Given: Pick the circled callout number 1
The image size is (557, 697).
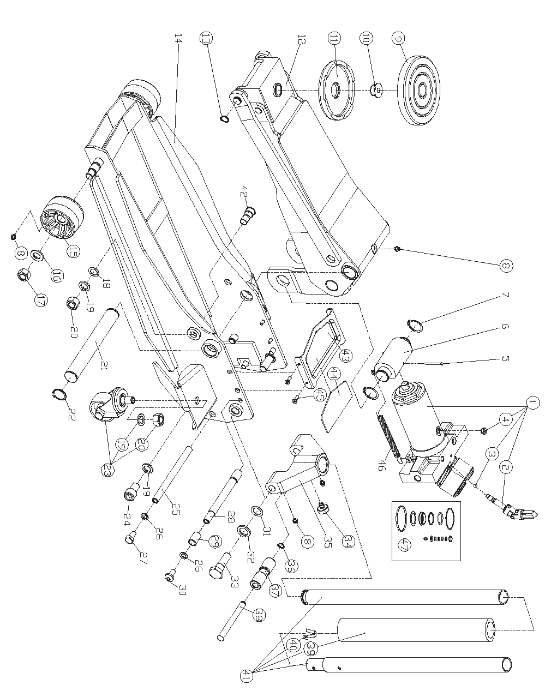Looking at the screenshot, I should (x=532, y=404).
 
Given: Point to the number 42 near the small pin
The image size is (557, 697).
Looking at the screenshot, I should (x=244, y=191).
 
